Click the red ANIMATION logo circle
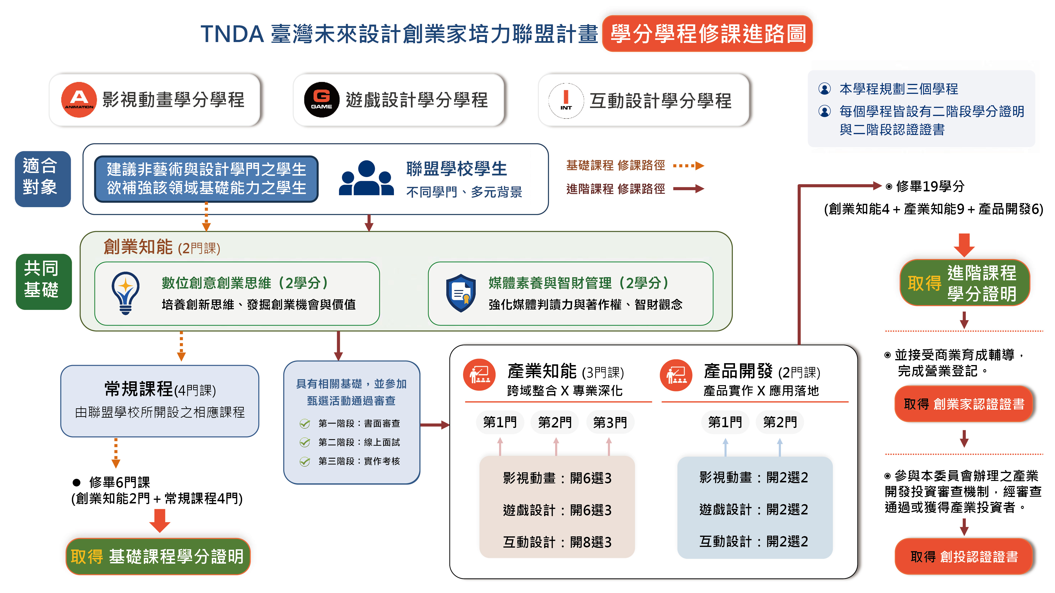click(79, 100)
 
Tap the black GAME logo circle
click(321, 100)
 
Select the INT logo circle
click(566, 101)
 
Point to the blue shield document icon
click(461, 293)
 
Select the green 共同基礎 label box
click(44, 281)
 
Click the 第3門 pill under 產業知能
click(610, 422)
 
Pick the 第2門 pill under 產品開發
click(780, 422)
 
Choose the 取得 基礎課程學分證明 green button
click(158, 557)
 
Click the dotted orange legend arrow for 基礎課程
click(688, 166)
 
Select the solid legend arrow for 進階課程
click(688, 189)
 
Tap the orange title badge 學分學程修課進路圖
click(707, 33)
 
